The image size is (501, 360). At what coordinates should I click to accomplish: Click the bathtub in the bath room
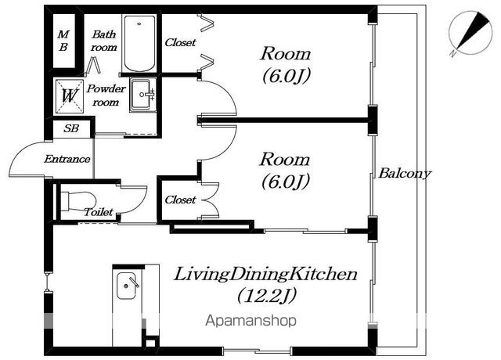coord(139,43)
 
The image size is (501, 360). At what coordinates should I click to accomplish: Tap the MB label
coord(63,41)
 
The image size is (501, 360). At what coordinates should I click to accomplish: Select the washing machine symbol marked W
coord(69,95)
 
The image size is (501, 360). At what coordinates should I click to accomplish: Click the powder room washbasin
coord(143,94)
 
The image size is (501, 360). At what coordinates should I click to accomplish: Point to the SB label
coord(71,128)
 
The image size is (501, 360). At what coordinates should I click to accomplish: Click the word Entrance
coord(67,159)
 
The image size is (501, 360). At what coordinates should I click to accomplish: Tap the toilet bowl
coord(78,201)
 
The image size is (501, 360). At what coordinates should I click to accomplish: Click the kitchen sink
coord(126,286)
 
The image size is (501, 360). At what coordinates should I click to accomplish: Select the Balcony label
coord(405,174)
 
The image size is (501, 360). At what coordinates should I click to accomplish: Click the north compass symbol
coord(470,33)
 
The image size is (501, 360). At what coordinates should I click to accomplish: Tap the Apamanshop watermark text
coord(250,320)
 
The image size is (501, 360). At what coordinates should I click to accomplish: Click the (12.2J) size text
coord(267,296)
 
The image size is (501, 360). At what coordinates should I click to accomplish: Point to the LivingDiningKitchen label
coord(265,275)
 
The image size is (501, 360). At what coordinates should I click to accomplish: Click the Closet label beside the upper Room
coord(180,42)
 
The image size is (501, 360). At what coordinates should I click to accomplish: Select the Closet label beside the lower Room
coord(180,200)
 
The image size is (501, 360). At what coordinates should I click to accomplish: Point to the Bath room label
coord(103,41)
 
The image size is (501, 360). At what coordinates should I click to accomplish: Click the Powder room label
coord(106,95)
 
